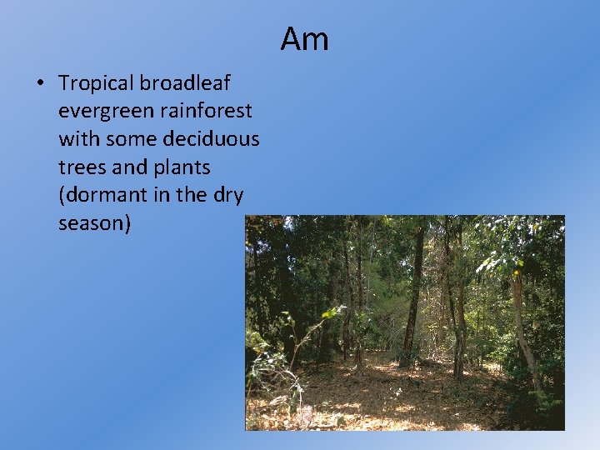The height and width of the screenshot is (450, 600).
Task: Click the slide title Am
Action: tap(304, 38)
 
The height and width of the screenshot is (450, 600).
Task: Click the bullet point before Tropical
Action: tap(39, 83)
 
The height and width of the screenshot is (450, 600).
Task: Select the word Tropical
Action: tap(96, 83)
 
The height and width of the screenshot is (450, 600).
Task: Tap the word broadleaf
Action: tap(185, 83)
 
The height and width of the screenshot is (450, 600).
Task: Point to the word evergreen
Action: tap(97, 111)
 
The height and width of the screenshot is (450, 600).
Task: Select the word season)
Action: tap(95, 224)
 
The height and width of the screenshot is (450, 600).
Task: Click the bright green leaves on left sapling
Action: tap(332, 312)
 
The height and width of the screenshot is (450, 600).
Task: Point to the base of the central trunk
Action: tap(407, 362)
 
